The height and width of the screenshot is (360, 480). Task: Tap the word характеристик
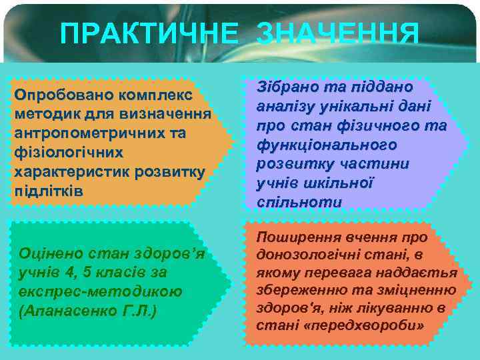(x=71, y=171)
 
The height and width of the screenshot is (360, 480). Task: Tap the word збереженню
(x=303, y=290)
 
